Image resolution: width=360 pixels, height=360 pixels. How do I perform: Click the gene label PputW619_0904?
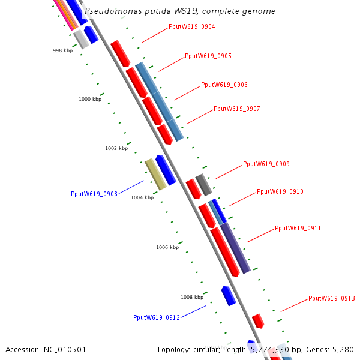(192, 27)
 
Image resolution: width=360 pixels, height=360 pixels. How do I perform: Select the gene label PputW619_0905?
(208, 56)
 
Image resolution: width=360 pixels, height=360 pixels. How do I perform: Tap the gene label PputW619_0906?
(224, 85)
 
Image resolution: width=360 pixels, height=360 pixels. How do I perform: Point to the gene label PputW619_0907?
(237, 109)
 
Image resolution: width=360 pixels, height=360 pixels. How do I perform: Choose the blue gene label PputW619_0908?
(94, 194)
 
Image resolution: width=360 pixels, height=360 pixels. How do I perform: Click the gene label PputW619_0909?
(266, 164)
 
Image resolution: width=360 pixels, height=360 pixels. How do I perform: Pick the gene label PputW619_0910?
(280, 192)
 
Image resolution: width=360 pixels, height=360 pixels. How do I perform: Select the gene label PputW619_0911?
(298, 229)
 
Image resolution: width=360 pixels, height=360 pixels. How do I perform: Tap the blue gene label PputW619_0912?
(157, 318)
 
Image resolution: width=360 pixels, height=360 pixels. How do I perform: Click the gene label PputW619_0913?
(332, 298)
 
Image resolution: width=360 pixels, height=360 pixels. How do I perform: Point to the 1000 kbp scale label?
(90, 99)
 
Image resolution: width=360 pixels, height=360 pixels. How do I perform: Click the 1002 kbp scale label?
(116, 148)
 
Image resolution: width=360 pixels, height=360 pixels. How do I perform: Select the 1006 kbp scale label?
(167, 247)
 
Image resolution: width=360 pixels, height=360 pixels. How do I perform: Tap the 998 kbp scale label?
(62, 51)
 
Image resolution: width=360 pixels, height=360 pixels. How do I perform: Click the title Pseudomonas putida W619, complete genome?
(180, 11)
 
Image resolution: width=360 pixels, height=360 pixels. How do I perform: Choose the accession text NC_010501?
(46, 349)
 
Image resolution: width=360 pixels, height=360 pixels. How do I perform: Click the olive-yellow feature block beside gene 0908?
(155, 174)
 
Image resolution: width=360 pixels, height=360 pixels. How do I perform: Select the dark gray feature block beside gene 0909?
(204, 185)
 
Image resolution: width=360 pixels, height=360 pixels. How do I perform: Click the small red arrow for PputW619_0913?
(258, 320)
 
